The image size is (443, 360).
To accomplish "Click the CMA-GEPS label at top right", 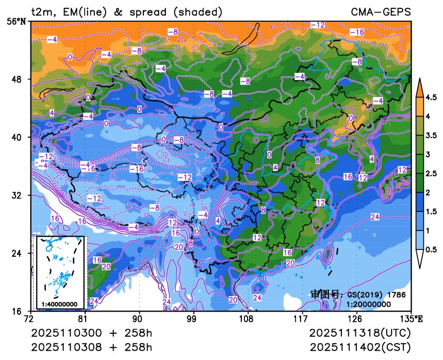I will pos(381,11).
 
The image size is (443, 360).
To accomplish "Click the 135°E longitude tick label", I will pos(413,319).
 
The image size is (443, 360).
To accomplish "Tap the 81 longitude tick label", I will pos(85,319).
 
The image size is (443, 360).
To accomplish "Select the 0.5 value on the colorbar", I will pos(431,249).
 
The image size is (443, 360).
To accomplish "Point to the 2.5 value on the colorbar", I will pos(431,173).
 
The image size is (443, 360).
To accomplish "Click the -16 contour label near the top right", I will pos(357,32).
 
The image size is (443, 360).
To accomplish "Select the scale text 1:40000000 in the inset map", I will pos(59,304).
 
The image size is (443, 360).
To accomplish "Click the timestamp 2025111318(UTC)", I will pos(360,333).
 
